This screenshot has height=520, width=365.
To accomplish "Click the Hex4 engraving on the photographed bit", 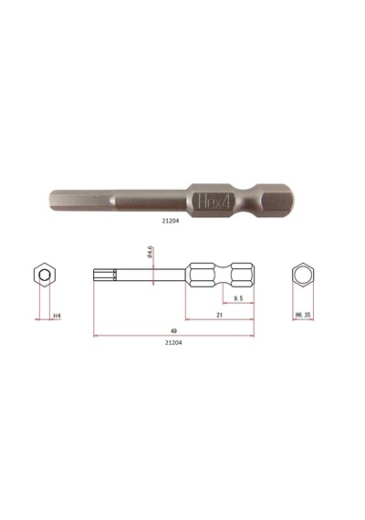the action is point(214,202).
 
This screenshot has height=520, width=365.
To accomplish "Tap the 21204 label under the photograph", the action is point(171,221).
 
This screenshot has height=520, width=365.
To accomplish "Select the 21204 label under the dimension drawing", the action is point(173,343).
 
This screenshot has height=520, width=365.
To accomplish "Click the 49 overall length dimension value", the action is point(173,330).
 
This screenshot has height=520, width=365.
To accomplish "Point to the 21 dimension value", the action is point(219,315).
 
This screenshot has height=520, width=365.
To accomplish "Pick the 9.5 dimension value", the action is point(238,298).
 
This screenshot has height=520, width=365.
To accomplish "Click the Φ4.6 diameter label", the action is point(150,252).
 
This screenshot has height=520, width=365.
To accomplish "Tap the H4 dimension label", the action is point(57,316).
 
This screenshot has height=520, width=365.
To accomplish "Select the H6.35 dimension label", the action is point(303,315).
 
